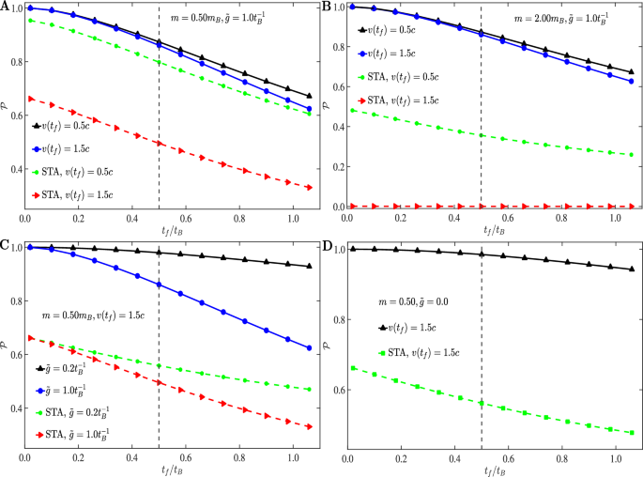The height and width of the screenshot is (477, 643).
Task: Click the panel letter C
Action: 6,246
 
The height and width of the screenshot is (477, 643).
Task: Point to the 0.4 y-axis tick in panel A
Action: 11,169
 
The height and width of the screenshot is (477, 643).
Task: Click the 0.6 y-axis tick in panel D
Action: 335,389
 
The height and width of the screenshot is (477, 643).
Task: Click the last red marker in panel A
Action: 310,188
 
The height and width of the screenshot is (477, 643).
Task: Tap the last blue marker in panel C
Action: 310,348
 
